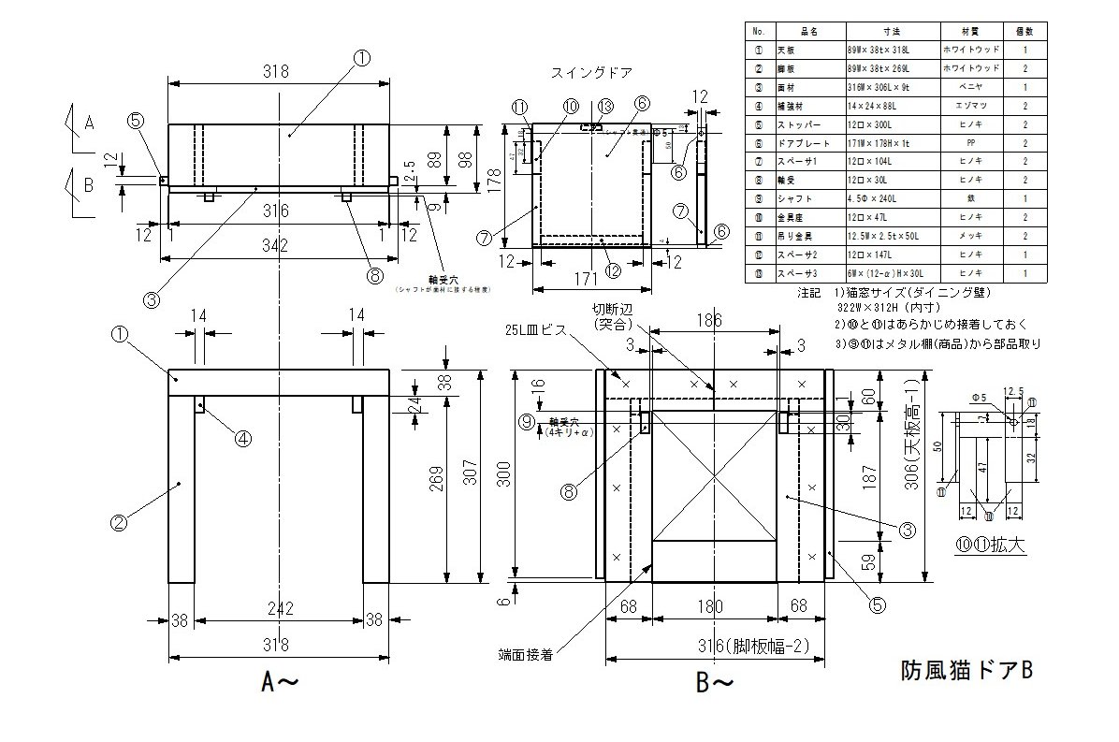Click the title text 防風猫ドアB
point(966,670)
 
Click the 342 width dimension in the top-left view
point(275,245)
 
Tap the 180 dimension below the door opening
point(715,607)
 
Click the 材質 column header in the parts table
point(967,32)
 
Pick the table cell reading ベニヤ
point(967,86)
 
